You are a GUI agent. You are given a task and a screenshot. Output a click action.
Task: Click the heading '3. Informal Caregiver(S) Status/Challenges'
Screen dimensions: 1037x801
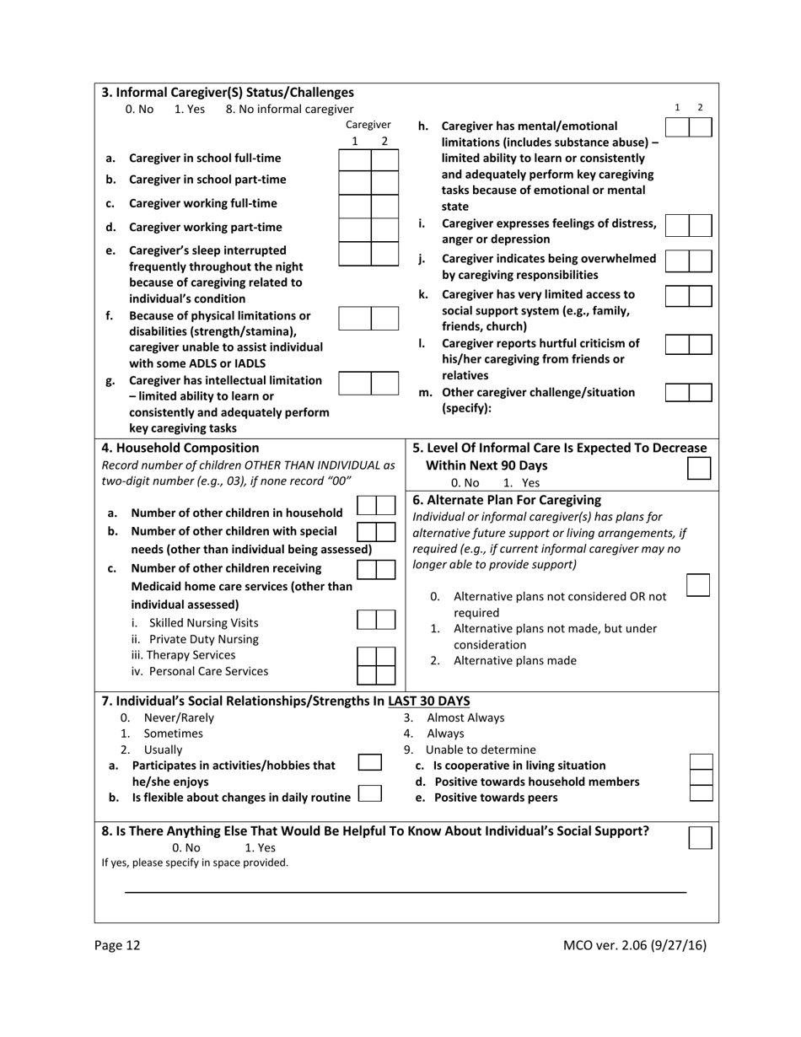[x=228, y=92]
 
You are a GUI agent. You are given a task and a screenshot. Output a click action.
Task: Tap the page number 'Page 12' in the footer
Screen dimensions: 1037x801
[x=118, y=945]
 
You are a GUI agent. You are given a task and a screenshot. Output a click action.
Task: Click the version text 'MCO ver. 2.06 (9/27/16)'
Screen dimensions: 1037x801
[x=634, y=945]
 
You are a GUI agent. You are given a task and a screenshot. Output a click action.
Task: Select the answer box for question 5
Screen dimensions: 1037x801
[x=699, y=469]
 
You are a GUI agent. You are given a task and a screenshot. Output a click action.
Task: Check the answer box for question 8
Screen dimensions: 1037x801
[x=700, y=837]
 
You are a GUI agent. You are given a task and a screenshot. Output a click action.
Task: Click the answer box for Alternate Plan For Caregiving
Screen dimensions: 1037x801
[x=698, y=585]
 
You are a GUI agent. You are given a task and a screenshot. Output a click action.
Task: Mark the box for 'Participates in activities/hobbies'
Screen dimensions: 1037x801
[x=369, y=762]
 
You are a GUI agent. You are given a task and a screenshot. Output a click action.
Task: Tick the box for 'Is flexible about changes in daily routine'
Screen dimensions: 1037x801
[x=369, y=794]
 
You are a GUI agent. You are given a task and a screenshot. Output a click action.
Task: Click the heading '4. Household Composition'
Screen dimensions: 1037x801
[x=180, y=448]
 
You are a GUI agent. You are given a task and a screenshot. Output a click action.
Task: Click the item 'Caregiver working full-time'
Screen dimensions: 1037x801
[x=202, y=203]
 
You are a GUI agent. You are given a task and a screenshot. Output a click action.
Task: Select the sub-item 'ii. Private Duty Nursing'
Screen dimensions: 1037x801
[x=195, y=639]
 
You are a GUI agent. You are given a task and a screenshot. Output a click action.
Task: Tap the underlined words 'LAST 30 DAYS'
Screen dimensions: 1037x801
[x=428, y=701]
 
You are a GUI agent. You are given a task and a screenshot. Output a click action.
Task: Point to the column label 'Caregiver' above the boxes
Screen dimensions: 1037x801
[x=368, y=125]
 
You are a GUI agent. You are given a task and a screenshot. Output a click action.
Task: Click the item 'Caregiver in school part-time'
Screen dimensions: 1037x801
[x=207, y=179]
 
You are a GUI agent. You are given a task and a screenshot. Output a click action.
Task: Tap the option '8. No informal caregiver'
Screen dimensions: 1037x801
[x=290, y=109]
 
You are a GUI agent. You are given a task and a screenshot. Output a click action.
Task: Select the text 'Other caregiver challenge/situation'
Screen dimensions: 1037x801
[x=538, y=392]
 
